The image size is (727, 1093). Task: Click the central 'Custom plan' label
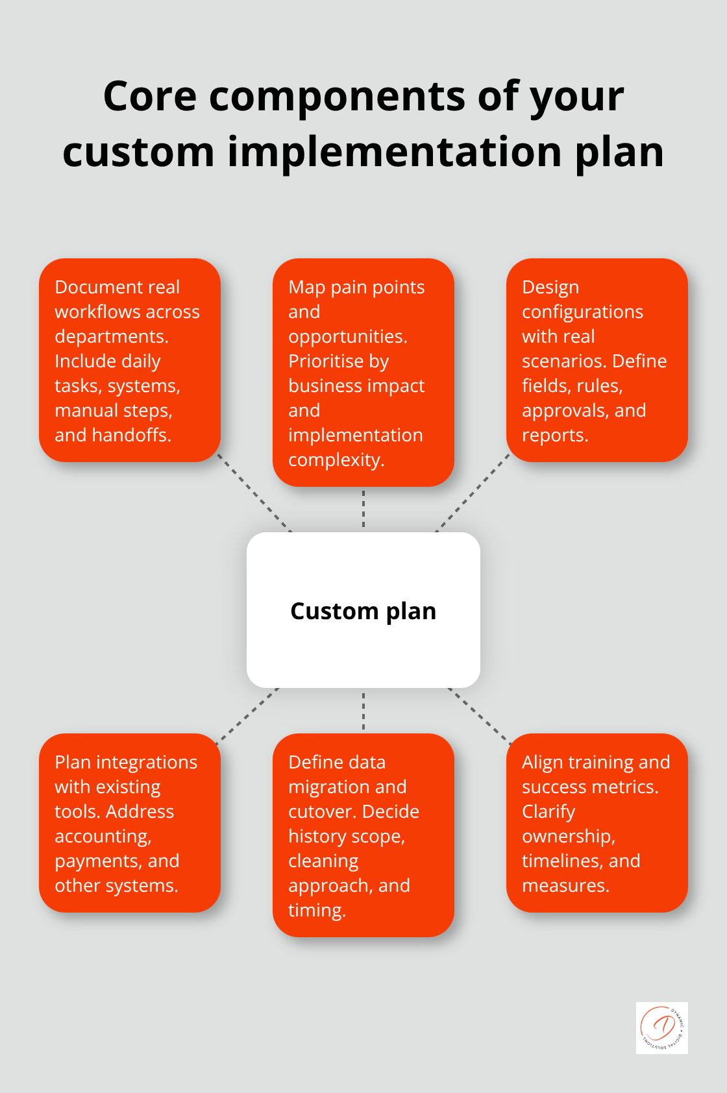pos(363,611)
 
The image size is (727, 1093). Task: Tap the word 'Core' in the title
pos(149,97)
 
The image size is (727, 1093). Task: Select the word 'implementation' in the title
pos(394,153)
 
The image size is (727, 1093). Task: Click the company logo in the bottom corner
pos(661,1027)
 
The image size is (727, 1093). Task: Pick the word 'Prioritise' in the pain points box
pos(338,361)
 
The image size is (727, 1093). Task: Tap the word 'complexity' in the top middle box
pos(336,460)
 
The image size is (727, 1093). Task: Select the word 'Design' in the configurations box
pos(550,287)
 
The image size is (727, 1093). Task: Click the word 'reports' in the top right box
pos(554,435)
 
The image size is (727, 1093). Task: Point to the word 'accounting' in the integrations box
pos(103,836)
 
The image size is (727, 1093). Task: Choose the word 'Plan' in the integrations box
pos(73,762)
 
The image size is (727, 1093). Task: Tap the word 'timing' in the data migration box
pos(316,910)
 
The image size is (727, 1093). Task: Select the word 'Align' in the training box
pos(542,762)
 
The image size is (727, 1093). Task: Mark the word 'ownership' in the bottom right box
pos(567,836)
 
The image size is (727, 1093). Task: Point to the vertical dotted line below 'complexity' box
pos(363,509)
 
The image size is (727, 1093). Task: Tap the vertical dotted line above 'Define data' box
pos(363,711)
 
